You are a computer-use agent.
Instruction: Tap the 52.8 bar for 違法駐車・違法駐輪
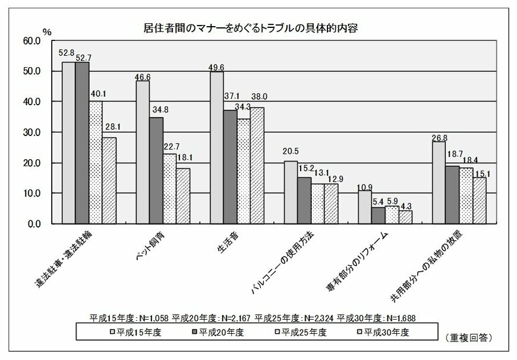click(x=69, y=143)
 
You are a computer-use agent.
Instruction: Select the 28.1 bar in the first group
click(x=109, y=181)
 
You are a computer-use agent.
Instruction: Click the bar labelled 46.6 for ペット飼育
click(x=143, y=152)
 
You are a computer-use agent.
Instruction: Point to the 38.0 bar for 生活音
click(x=257, y=165)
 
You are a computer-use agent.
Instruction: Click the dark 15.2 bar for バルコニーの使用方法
click(x=304, y=200)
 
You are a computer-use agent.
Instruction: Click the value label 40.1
click(x=97, y=93)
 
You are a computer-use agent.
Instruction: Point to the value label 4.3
click(x=406, y=206)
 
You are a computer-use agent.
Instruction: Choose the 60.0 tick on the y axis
click(x=30, y=41)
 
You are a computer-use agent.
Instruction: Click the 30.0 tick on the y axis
click(x=30, y=132)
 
